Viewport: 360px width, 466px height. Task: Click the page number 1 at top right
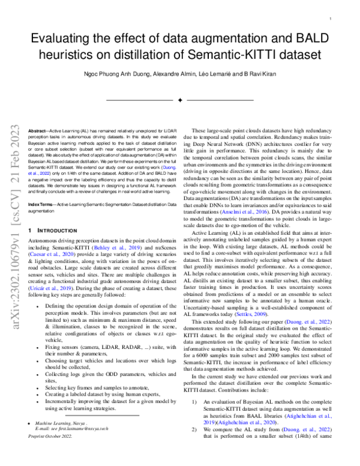point(331,20)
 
